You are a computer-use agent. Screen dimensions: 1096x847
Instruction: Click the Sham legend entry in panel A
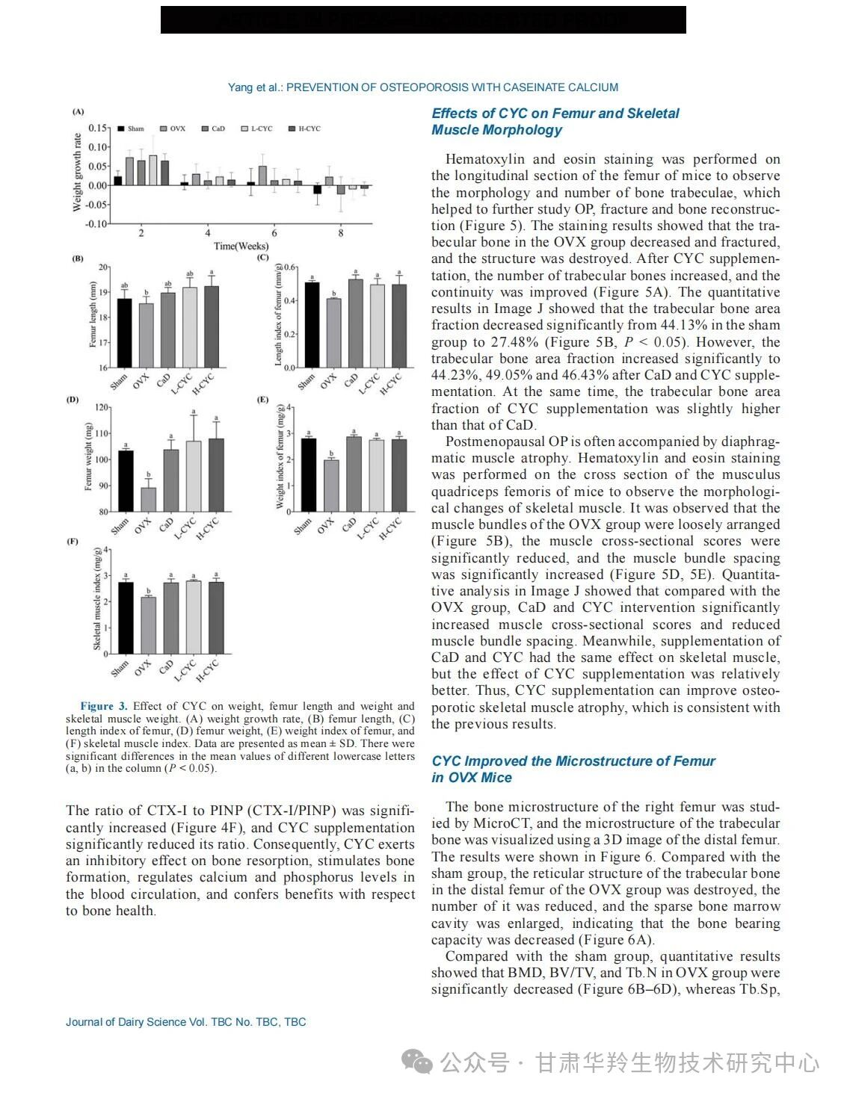130,129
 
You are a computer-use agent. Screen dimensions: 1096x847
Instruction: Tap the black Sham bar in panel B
124,332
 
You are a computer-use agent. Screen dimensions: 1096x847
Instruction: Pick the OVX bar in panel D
149,499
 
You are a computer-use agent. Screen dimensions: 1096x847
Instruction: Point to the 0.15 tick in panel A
98,128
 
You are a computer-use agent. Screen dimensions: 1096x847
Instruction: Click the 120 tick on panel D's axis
100,407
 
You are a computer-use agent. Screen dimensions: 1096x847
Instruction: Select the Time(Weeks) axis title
241,246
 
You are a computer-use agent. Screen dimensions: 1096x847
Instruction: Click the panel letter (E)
263,400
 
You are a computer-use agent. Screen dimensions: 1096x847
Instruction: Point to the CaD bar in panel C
356,323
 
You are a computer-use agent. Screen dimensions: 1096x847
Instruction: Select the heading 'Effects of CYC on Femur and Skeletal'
555,114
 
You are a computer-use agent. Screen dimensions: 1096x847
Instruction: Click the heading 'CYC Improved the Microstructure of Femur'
573,761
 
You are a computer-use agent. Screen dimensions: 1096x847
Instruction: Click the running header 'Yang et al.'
254,87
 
